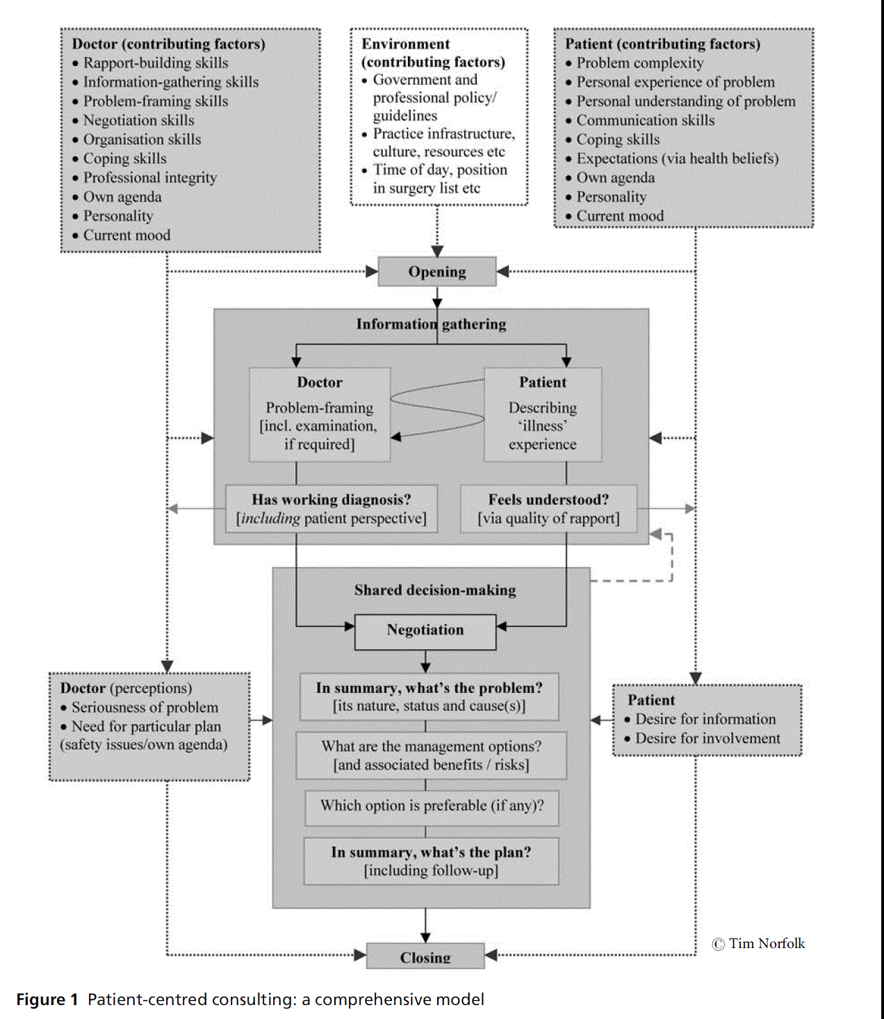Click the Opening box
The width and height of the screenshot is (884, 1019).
(437, 272)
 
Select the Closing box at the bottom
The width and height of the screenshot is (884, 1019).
(425, 957)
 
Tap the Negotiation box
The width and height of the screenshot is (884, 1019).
(425, 630)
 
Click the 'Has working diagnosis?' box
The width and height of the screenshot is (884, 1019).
(331, 509)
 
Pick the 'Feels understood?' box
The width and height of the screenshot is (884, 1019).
(548, 509)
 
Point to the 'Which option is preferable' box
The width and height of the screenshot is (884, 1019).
(432, 806)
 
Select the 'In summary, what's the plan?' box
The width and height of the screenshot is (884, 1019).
(431, 861)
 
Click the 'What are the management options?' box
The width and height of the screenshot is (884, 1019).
(431, 756)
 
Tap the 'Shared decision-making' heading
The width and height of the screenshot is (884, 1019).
(435, 590)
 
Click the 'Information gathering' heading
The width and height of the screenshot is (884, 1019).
(431, 324)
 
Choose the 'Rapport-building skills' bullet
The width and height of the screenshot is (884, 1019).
(156, 63)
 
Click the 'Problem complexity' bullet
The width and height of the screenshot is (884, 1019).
(640, 63)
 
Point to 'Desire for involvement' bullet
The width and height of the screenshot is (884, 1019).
(707, 739)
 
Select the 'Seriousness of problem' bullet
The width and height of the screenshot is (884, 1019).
(145, 708)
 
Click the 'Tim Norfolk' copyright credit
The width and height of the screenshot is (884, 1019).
(759, 944)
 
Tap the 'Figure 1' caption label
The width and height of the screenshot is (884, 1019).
(47, 1000)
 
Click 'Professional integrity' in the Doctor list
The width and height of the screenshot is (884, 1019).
(150, 178)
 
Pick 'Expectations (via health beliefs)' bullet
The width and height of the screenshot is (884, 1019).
(678, 159)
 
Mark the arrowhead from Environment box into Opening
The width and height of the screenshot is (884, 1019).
(437, 252)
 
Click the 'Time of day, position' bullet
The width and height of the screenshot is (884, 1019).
(440, 170)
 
